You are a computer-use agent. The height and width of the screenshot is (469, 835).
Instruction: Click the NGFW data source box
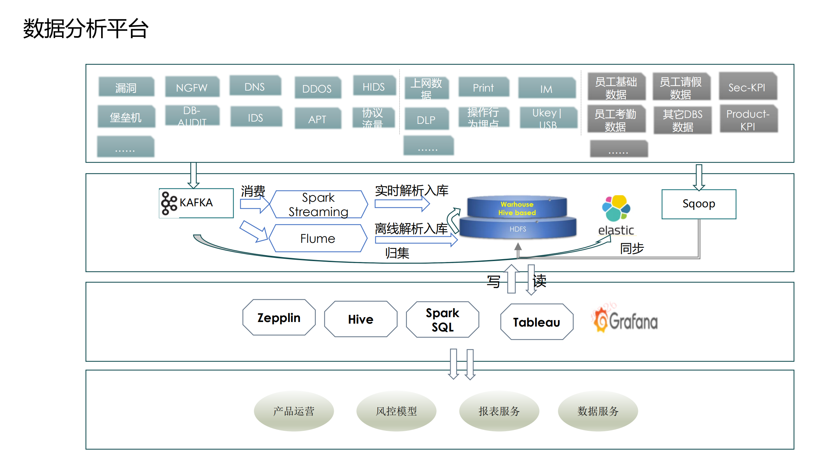point(192,87)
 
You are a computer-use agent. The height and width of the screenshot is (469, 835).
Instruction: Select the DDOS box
point(317,88)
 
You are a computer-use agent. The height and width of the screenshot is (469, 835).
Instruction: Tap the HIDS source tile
point(374,86)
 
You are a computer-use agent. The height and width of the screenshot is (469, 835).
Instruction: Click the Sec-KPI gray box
point(747,87)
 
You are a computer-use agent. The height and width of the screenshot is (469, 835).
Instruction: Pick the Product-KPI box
point(748,120)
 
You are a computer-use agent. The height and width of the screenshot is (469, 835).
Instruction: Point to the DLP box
point(426,120)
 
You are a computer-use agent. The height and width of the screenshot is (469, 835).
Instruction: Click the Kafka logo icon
point(169,203)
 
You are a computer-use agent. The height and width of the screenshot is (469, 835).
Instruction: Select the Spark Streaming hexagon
point(318,204)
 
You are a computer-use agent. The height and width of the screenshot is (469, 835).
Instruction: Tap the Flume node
point(317,238)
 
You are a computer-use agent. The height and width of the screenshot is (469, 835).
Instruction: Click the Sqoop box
point(699,204)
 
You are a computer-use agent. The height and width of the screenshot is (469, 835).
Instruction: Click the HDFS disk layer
point(518,229)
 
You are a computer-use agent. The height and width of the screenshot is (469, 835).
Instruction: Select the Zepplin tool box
point(279,317)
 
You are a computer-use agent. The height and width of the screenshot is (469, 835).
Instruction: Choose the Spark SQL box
point(442,319)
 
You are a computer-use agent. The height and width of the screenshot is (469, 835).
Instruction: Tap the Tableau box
point(537,322)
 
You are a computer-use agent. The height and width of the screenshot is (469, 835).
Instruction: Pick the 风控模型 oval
point(396,411)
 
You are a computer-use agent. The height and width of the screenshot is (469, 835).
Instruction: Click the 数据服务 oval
point(598,411)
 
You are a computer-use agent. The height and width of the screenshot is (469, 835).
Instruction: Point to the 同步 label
point(632,248)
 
